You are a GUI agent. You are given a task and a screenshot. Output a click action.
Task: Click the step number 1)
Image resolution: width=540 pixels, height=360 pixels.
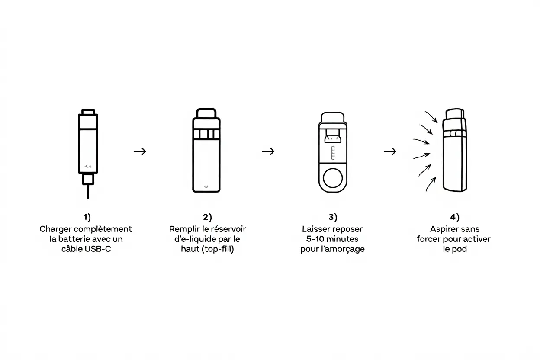coord(87,217)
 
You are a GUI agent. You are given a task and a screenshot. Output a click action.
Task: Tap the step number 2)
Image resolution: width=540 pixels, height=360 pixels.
coord(207,217)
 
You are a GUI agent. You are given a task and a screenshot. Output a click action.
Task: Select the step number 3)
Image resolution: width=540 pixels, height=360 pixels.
coord(333,217)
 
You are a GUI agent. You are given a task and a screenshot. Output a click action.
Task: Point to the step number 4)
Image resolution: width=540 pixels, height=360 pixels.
coord(455,217)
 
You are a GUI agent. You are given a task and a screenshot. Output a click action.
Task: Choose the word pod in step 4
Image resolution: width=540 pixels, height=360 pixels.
coord(460,249)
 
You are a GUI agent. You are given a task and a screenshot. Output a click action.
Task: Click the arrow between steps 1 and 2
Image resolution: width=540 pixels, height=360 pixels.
coord(140,151)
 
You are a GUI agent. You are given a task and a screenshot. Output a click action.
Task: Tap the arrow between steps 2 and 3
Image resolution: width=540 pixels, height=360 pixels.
coord(268,151)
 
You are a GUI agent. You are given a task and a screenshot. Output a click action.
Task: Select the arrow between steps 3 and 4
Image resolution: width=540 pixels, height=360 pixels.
coord(390,151)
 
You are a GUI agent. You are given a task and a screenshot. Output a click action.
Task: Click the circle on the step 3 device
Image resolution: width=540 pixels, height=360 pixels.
coord(333,178)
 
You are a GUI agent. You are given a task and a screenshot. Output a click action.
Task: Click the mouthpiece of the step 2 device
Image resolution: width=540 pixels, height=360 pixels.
coord(206,113)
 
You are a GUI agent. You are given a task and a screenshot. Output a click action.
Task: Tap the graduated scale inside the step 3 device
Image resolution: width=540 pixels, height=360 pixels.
coord(333,153)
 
